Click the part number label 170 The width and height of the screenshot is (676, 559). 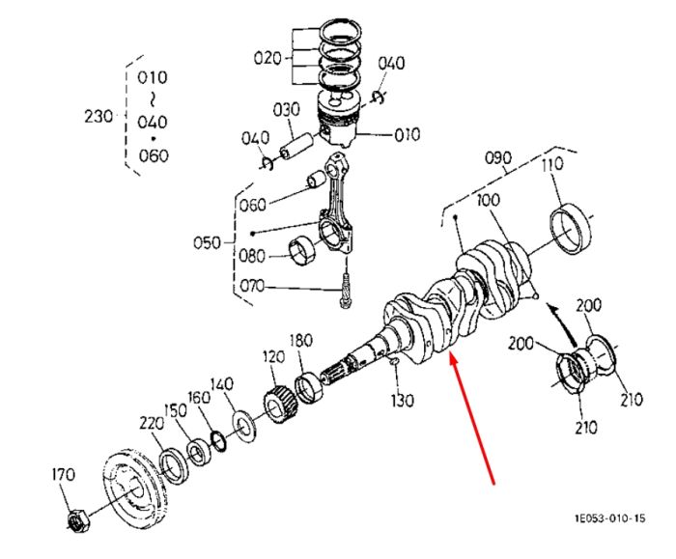(64, 475)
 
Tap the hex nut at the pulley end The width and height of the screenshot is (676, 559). (78, 520)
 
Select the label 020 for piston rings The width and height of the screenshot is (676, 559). (268, 58)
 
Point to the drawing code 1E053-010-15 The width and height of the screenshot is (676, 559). (610, 517)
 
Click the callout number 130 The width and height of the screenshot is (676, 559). (403, 401)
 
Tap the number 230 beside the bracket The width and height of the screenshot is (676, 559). (99, 117)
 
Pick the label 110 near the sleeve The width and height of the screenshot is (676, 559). (552, 164)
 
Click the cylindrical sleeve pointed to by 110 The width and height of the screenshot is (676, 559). (572, 230)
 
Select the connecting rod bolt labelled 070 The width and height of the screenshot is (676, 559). (346, 290)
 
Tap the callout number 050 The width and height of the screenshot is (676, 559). (207, 242)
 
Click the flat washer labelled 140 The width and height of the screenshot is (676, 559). (244, 427)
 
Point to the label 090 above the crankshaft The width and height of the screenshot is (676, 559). (498, 157)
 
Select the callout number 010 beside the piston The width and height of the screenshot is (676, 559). (407, 134)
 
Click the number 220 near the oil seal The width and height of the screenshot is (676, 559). (152, 424)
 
